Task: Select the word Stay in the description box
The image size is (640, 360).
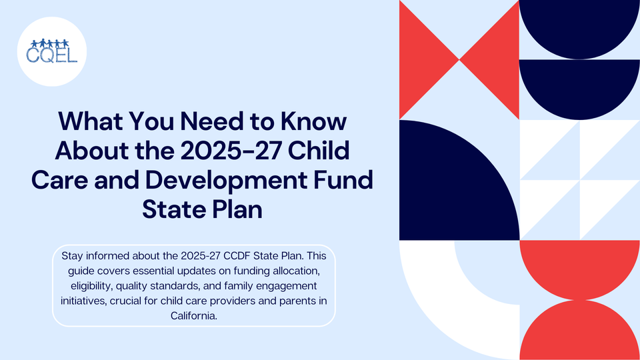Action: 73,256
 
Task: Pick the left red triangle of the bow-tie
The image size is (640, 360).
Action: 423,60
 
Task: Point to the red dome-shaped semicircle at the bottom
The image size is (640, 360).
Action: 579,333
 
